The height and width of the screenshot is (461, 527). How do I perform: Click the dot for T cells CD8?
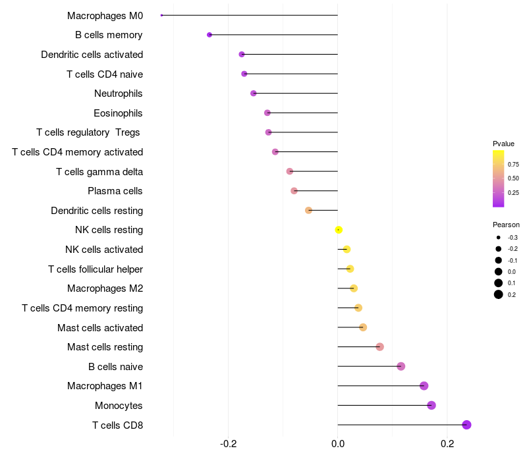(x=466, y=425)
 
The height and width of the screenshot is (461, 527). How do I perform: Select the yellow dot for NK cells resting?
(x=339, y=230)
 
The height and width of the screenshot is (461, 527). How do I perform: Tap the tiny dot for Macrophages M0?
(x=161, y=15)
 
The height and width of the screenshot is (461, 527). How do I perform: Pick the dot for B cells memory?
(x=209, y=35)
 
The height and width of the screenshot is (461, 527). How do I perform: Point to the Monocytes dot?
(x=431, y=405)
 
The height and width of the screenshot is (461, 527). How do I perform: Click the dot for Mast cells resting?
(x=380, y=347)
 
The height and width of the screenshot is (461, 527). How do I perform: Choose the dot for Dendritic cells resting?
(x=308, y=210)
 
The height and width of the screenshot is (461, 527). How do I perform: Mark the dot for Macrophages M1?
(x=424, y=386)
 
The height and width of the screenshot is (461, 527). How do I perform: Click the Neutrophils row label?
(x=119, y=94)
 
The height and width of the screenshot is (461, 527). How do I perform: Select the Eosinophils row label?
(x=118, y=113)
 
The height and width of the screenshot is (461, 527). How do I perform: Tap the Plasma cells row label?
(x=115, y=191)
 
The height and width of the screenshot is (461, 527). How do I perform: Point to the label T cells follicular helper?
(x=96, y=269)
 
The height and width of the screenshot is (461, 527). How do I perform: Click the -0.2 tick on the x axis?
(x=228, y=444)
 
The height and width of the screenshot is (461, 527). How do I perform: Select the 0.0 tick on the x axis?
(x=338, y=444)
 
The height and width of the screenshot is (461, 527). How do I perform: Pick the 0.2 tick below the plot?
(x=447, y=444)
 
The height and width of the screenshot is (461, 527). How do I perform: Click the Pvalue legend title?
(x=503, y=144)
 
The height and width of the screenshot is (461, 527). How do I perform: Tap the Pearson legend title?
(x=506, y=225)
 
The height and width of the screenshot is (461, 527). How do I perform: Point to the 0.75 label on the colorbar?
(x=513, y=164)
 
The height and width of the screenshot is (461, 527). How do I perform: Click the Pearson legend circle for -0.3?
(x=499, y=238)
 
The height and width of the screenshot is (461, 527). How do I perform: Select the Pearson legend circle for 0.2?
(x=499, y=294)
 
